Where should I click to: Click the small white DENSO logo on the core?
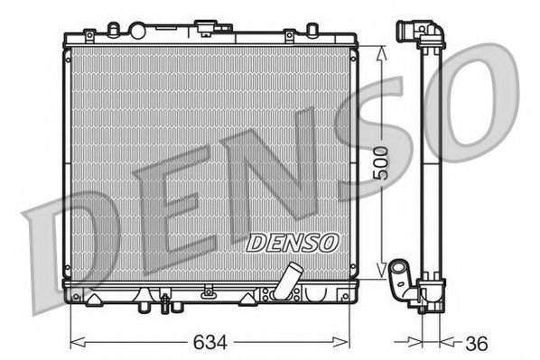pyautogui.click(x=292, y=242)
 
